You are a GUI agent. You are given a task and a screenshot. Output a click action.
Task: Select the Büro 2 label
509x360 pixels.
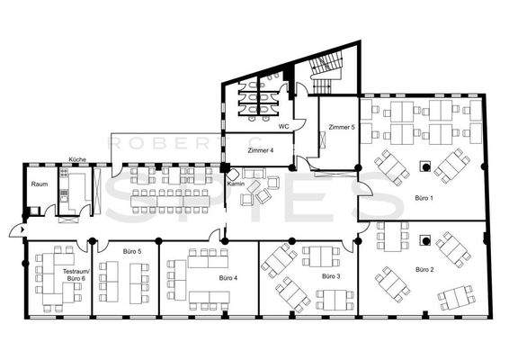click(x=425, y=269)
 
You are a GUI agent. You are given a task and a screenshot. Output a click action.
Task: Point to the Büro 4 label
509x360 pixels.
click(x=228, y=279)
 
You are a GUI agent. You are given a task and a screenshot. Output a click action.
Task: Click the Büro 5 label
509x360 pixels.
click(x=131, y=251)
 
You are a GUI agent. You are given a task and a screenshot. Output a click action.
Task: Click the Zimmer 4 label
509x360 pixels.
click(x=260, y=150)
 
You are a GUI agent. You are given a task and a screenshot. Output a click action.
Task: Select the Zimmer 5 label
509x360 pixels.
click(x=341, y=129)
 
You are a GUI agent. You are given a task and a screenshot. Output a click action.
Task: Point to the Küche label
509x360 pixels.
click(x=77, y=159)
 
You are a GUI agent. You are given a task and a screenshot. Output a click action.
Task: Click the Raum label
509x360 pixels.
click(x=39, y=184)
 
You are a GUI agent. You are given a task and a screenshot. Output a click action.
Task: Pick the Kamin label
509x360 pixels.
click(x=237, y=184)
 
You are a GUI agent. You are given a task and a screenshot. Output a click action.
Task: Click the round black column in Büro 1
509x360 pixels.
click(x=423, y=165)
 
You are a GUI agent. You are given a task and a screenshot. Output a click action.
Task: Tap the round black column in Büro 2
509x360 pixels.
click(x=424, y=239)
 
